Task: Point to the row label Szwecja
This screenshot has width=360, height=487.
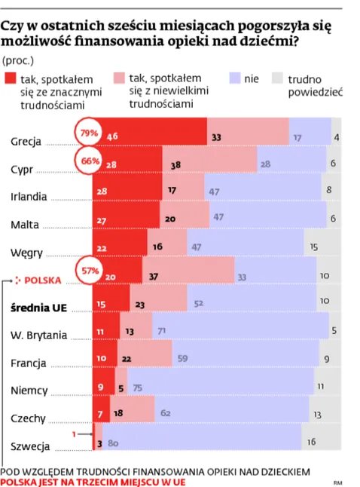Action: point(30,446)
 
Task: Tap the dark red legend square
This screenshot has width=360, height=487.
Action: point(11,78)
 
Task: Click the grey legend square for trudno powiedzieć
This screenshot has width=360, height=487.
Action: point(276,78)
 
